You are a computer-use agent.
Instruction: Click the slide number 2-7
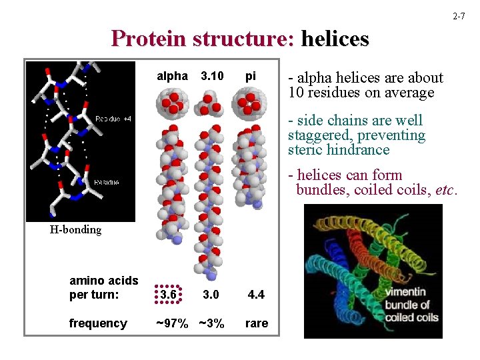(459, 15)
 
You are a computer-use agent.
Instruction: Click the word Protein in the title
(151, 39)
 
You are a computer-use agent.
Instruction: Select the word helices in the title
(335, 39)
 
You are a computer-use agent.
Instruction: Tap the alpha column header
(172, 76)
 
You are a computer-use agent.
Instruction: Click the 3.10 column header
(212, 76)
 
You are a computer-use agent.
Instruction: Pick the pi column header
(251, 76)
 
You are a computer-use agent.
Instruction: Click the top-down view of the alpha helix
(171, 103)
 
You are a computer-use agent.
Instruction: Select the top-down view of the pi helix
(251, 103)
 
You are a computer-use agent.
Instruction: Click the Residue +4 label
(113, 119)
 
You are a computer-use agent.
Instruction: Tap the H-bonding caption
(75, 230)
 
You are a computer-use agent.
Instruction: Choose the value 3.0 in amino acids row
(212, 295)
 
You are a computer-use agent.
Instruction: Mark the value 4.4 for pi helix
(256, 295)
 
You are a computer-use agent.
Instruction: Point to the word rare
(257, 323)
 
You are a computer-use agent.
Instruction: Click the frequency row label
(98, 323)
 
